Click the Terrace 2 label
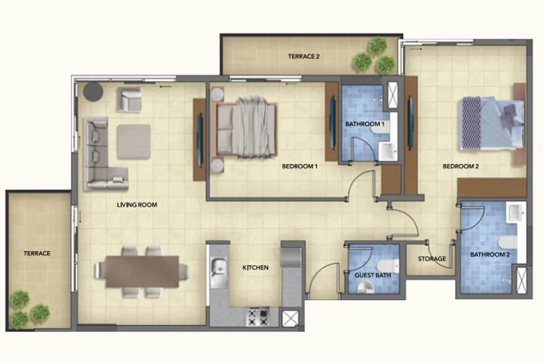coord(303,57)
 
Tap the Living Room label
coord(137,205)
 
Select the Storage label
coord(432,259)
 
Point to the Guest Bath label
coord(372,276)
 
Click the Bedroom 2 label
coord(461,166)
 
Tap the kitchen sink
coord(219,273)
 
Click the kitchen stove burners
coord(258,317)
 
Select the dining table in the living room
coord(143,271)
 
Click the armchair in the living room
coord(129,99)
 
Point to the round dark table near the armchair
coord(93,92)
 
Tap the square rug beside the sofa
coord(134,142)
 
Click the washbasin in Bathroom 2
coord(516,213)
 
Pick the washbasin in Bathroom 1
coord(388,151)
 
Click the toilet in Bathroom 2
coord(508,243)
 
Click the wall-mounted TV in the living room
coord(200,140)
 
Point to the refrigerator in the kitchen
coord(292,256)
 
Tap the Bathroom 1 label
coord(365,124)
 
